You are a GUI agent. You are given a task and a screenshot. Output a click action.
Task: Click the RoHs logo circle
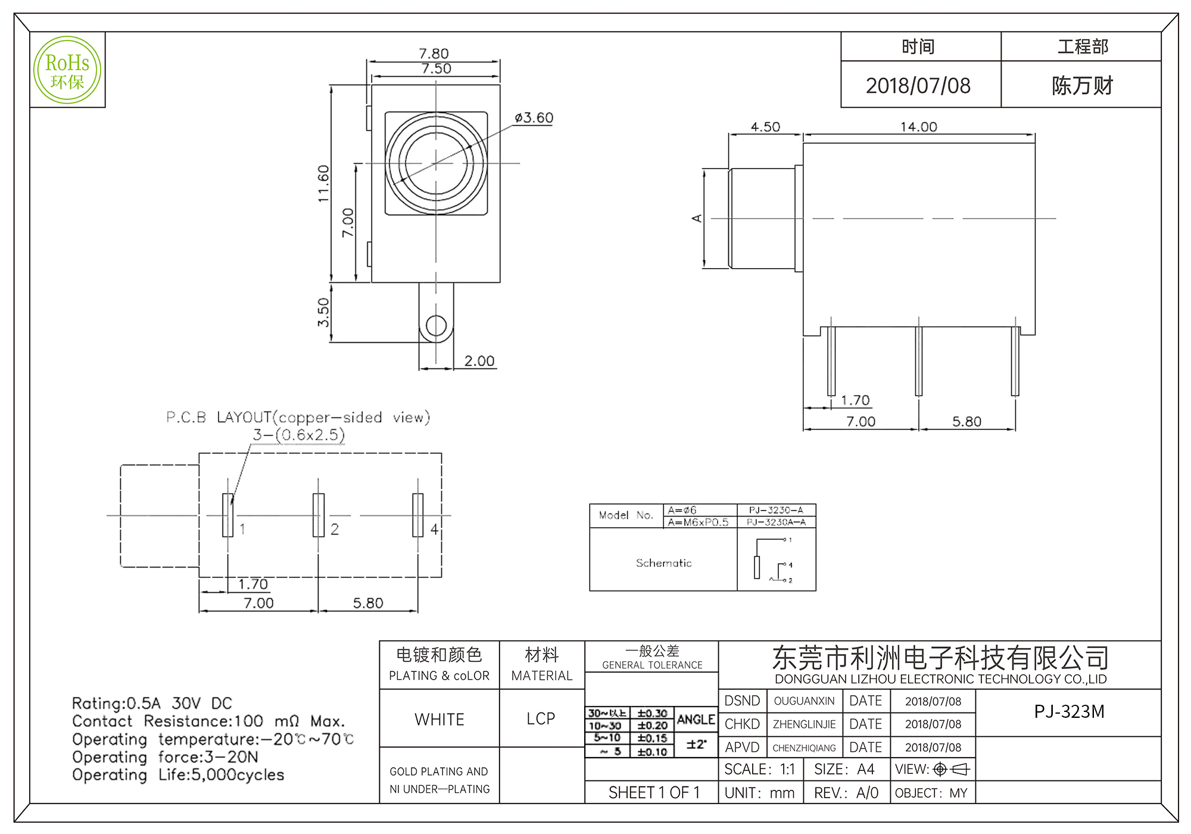pyautogui.click(x=67, y=70)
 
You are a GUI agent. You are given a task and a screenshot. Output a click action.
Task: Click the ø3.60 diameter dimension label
pyautogui.click(x=534, y=118)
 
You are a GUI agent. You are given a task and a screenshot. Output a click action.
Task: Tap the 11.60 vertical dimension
pyautogui.click(x=323, y=183)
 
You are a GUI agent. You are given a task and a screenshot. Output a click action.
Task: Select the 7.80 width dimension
pyautogui.click(x=434, y=54)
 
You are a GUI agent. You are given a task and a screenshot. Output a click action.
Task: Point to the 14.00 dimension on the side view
pyautogui.click(x=918, y=127)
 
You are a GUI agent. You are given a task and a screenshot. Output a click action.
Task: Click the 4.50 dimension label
pyautogui.click(x=765, y=127)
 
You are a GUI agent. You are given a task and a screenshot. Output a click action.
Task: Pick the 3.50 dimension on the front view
pyautogui.click(x=323, y=313)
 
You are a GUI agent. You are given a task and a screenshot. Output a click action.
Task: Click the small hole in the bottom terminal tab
pyautogui.click(x=436, y=326)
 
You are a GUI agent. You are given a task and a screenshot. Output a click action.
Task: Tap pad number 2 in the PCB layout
pyautogui.click(x=319, y=515)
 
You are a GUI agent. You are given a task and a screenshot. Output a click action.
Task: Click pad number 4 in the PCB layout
pyautogui.click(x=418, y=515)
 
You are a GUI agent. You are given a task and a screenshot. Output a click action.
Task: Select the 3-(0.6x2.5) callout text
pyautogui.click(x=298, y=435)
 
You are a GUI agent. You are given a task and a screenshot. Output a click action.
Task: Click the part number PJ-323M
pyautogui.click(x=1069, y=712)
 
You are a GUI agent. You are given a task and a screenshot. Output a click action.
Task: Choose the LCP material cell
pyautogui.click(x=541, y=719)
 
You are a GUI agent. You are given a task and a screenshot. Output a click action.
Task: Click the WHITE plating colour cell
pyautogui.click(x=439, y=720)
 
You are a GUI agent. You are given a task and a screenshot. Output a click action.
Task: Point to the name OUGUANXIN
pyautogui.click(x=804, y=701)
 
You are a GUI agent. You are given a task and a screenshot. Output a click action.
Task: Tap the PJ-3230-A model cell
pyautogui.click(x=776, y=510)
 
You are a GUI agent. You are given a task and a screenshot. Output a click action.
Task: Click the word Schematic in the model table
pyautogui.click(x=663, y=563)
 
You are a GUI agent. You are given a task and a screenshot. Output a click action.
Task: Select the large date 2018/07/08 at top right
pyautogui.click(x=918, y=86)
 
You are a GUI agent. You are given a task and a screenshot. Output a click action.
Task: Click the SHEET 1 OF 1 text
pyautogui.click(x=654, y=793)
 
